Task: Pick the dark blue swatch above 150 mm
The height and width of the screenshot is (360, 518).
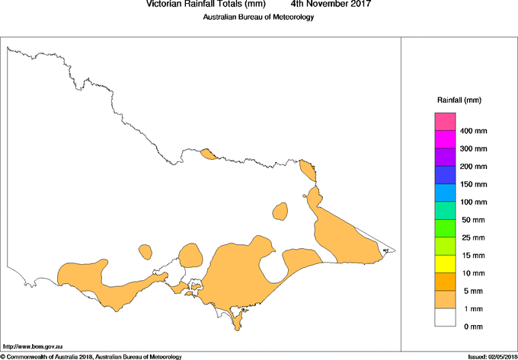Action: [445, 175]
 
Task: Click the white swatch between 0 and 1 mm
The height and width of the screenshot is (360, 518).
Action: [445, 317]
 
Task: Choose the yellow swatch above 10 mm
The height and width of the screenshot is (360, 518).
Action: [445, 264]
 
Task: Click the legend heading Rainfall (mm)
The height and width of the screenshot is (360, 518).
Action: [459, 100]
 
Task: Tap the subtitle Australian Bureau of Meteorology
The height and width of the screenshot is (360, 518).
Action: [258, 18]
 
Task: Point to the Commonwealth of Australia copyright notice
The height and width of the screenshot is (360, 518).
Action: [91, 356]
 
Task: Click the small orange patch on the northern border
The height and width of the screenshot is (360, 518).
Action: [208, 155]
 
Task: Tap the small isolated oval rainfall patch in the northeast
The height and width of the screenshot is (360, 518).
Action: [280, 210]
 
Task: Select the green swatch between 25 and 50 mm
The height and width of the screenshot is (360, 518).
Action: [445, 228]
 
